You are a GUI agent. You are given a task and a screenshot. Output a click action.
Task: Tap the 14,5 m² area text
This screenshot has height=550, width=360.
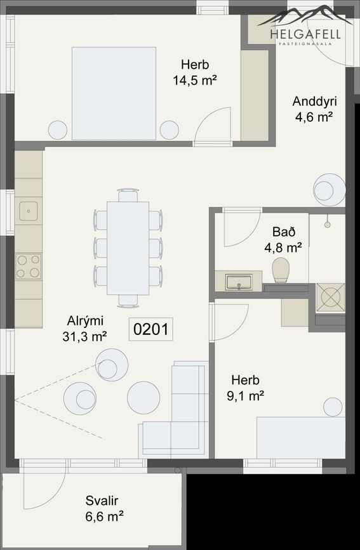click(194, 80)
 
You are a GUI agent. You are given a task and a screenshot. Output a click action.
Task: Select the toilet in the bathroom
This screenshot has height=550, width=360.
click(280, 270)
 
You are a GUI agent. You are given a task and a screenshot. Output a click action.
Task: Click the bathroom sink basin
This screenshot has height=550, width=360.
click(239, 281)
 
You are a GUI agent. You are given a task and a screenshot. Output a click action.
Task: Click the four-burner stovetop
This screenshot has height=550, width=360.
click(29, 266)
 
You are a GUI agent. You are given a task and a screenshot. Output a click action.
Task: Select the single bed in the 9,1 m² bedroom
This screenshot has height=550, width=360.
click(300, 436)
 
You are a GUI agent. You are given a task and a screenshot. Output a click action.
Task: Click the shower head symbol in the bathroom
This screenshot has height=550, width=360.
click(328, 223)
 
